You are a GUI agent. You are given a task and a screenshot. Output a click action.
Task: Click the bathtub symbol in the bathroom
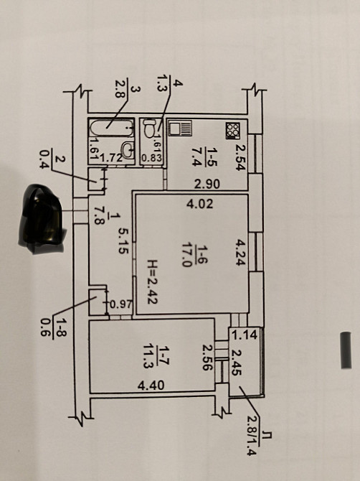[x=112, y=128]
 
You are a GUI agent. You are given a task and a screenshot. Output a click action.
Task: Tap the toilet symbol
[x=150, y=129]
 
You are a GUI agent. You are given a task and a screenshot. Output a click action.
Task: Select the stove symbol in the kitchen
[x=232, y=131]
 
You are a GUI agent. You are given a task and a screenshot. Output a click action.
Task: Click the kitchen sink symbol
[x=180, y=128]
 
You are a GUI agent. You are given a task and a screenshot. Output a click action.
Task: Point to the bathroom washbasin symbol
[x=128, y=150]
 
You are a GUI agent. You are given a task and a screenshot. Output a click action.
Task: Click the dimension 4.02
[x=199, y=203]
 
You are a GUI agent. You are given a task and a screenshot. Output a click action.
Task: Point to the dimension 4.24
[x=240, y=252]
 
